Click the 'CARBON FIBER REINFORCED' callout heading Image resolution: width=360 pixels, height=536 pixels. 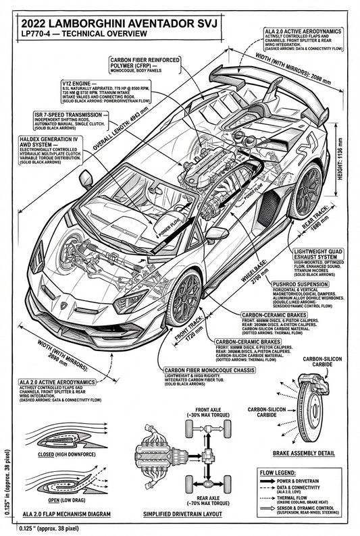click(x=145, y=59)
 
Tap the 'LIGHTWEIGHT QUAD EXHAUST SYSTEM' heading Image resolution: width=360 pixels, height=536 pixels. click(x=317, y=254)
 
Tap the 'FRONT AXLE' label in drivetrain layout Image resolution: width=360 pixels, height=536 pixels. click(x=208, y=410)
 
